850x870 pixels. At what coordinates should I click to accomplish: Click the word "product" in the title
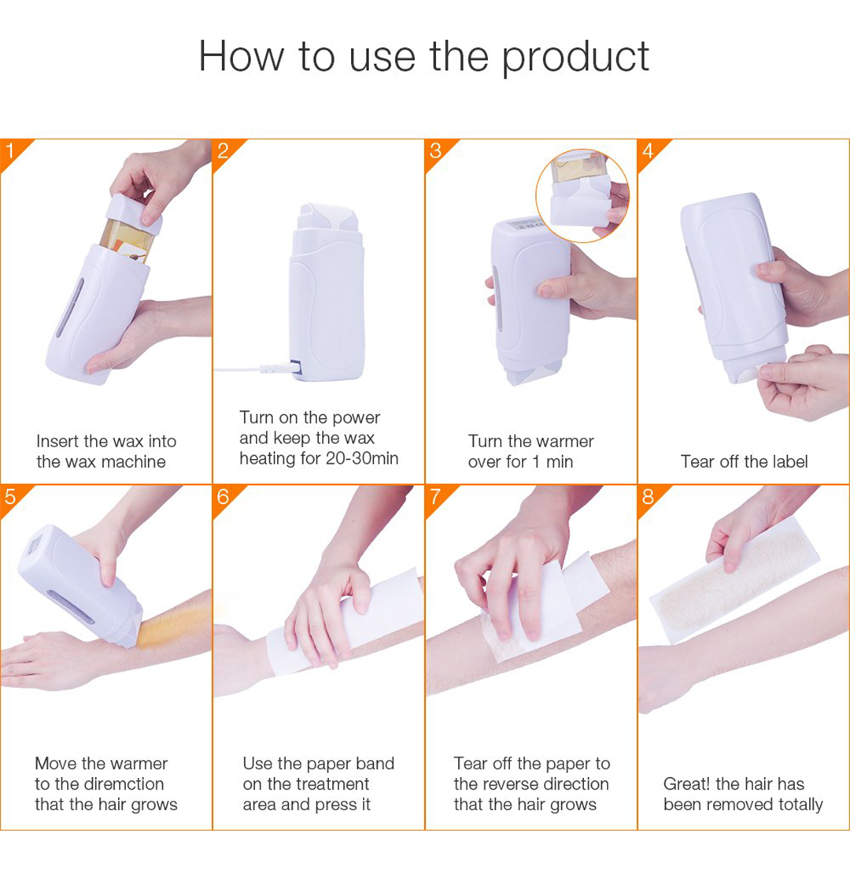click(x=575, y=57)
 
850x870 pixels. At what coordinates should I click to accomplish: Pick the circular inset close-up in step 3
click(x=582, y=196)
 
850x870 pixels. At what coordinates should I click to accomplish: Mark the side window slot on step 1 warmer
click(x=70, y=307)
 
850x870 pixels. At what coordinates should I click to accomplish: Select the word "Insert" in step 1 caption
click(x=57, y=441)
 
